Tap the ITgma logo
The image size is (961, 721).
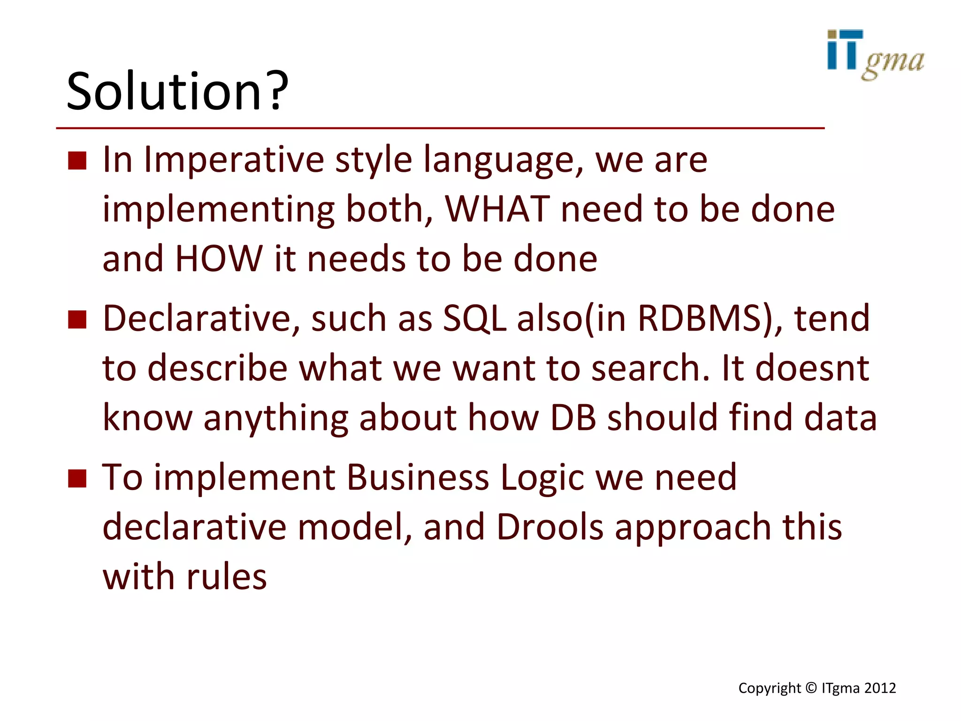click(x=875, y=55)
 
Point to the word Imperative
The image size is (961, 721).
click(x=234, y=160)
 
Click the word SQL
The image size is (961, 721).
click(x=474, y=318)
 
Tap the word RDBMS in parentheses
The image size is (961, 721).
click(x=699, y=318)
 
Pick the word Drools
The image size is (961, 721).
click(x=549, y=527)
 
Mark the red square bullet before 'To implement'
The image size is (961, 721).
click(x=77, y=478)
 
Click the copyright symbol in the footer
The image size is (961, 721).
click(x=811, y=688)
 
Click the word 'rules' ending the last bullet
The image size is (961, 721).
click(x=227, y=576)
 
